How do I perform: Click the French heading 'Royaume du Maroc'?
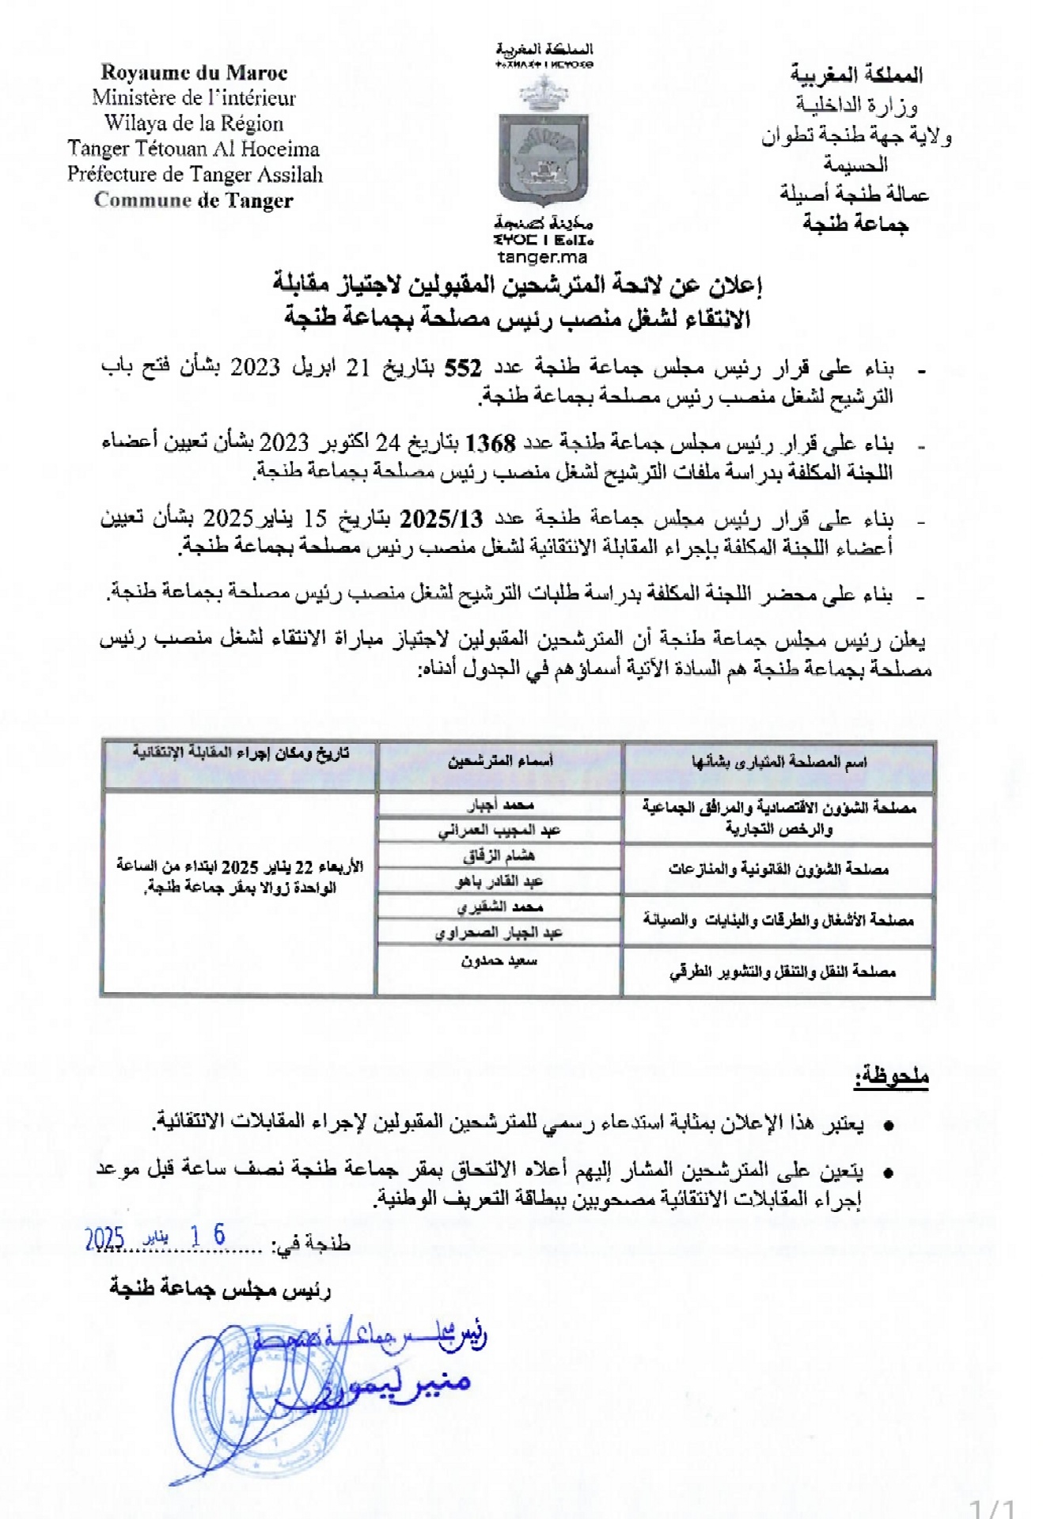click(x=194, y=73)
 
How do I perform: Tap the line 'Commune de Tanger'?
click(x=194, y=200)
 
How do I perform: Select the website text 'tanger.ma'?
click(x=543, y=257)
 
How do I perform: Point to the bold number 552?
click(x=463, y=368)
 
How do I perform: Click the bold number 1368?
click(x=491, y=443)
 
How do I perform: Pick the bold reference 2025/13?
click(x=441, y=519)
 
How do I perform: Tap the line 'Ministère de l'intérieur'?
click(x=194, y=98)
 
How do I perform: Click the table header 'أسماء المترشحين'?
click(x=500, y=762)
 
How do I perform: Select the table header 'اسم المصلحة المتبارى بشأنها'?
click(x=779, y=762)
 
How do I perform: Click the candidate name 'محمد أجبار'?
click(x=500, y=805)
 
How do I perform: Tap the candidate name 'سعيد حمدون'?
click(x=499, y=961)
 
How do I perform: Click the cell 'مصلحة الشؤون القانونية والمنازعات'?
click(x=779, y=869)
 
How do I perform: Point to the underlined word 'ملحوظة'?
click(x=891, y=1076)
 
